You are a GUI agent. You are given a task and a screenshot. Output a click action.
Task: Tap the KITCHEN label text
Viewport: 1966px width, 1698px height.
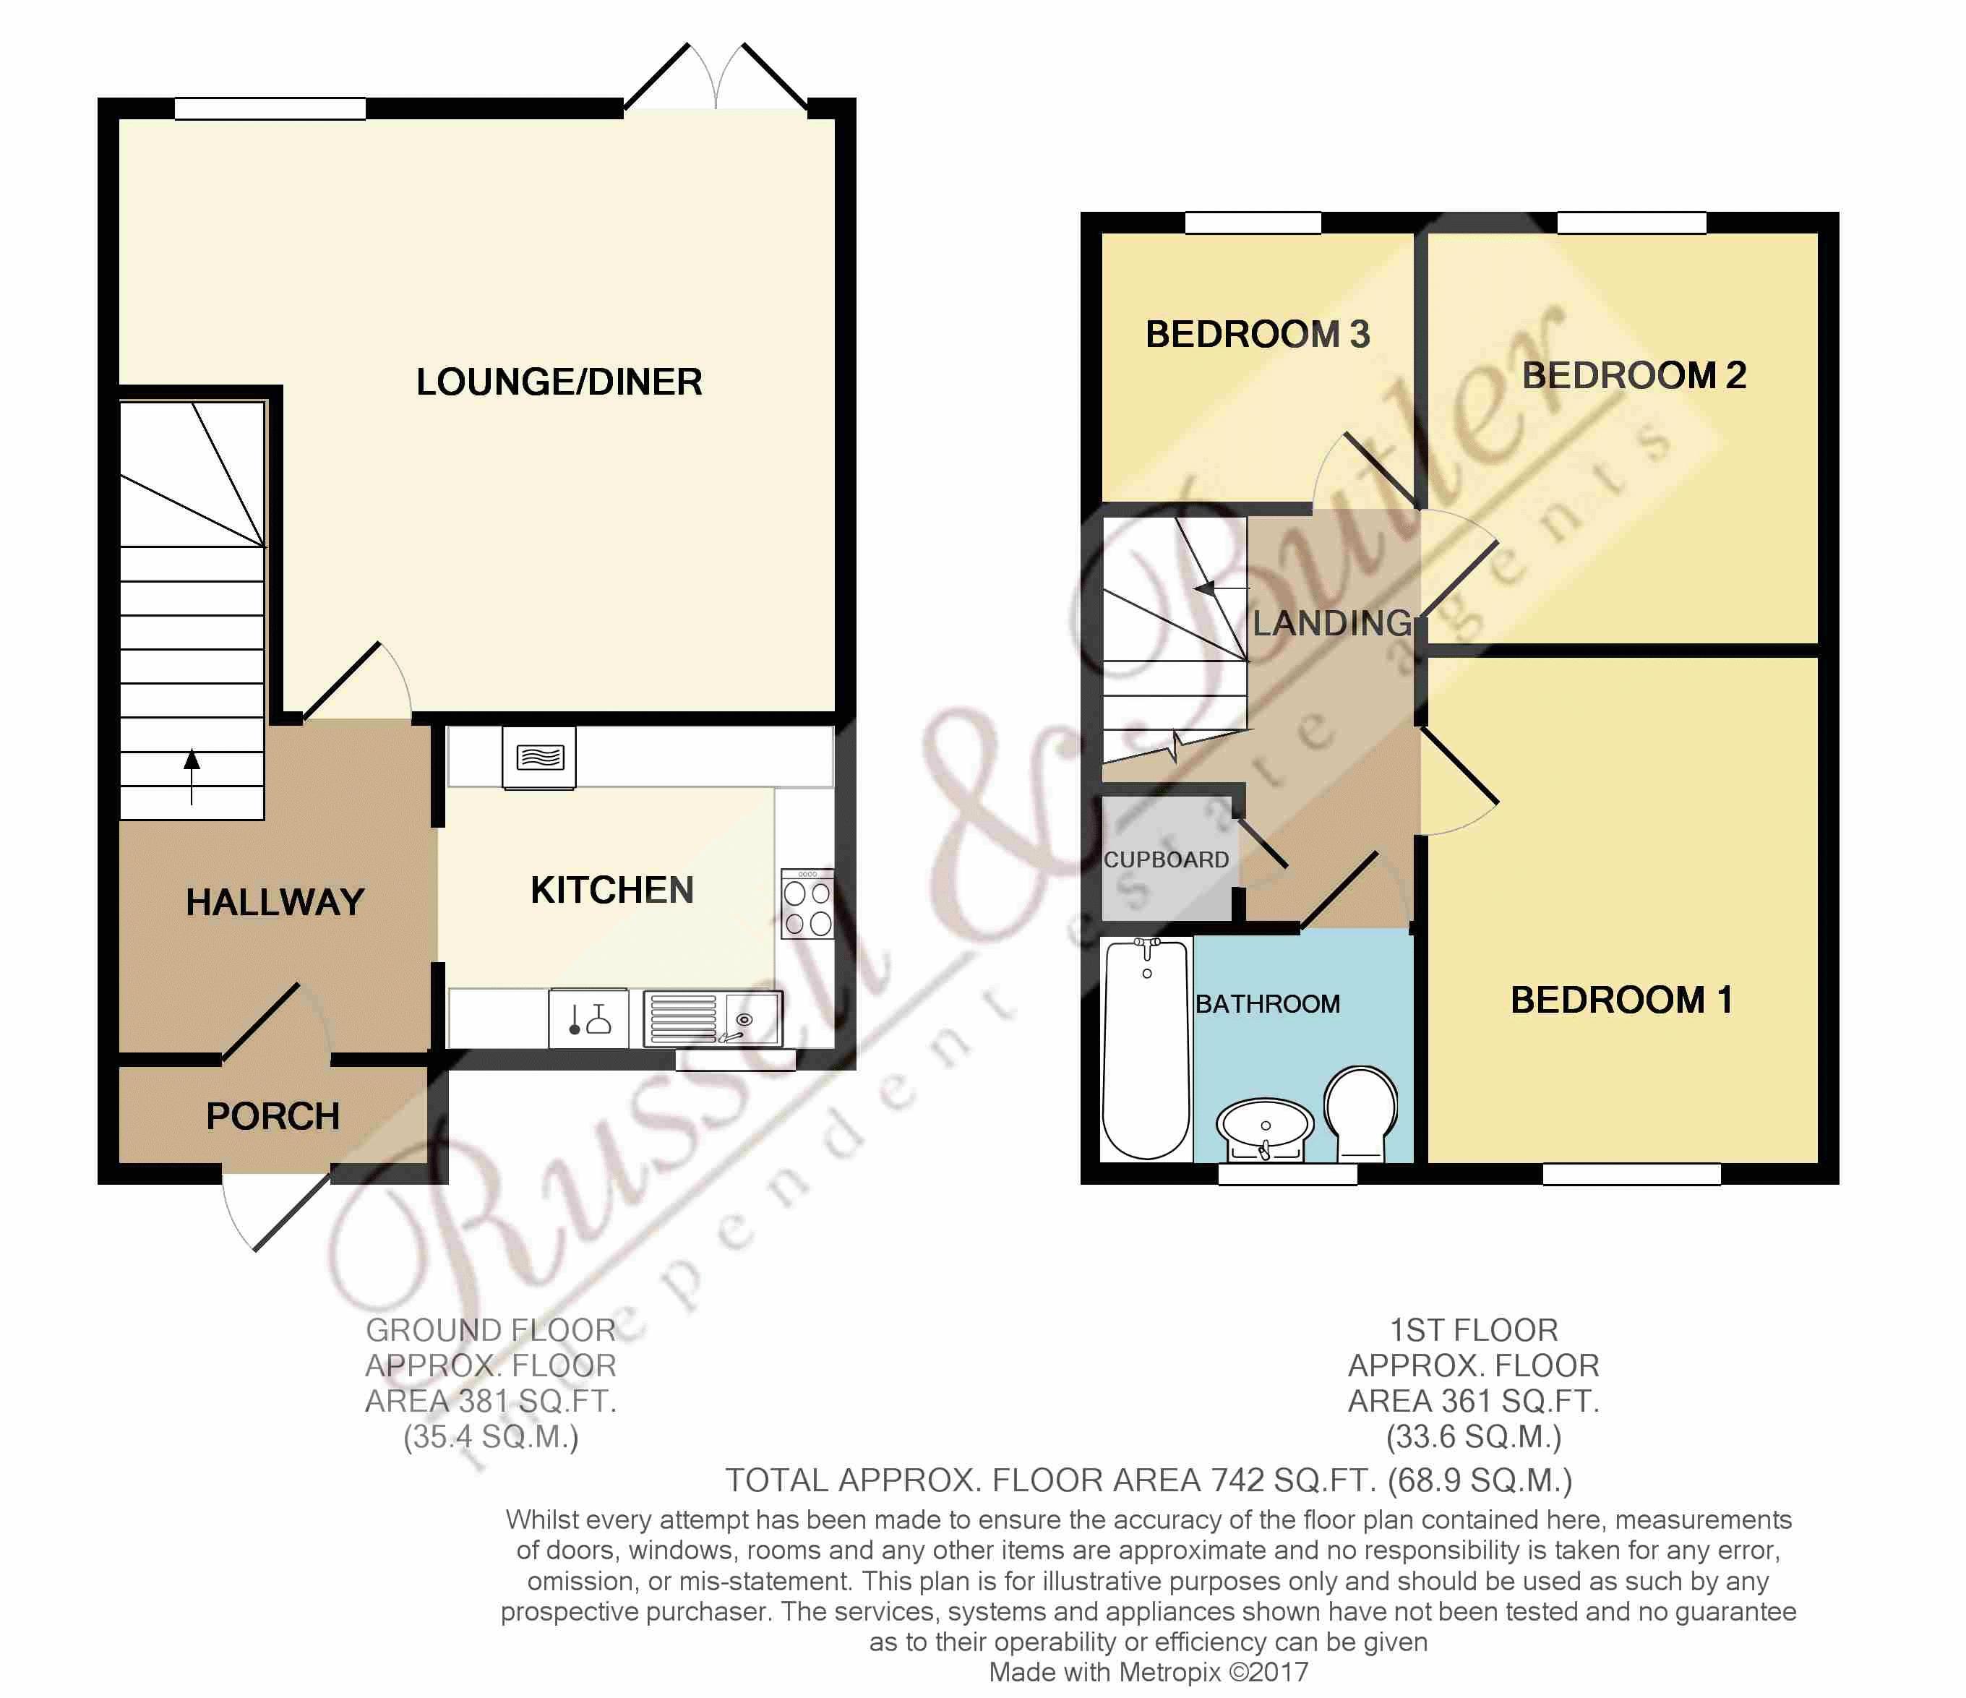(x=612, y=891)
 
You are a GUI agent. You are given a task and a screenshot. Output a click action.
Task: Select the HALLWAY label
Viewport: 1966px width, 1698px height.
(x=275, y=901)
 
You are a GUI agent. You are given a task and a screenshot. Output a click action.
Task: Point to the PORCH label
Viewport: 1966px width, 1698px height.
(x=273, y=1116)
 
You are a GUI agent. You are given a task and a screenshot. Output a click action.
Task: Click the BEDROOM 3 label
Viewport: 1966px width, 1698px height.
(x=1258, y=334)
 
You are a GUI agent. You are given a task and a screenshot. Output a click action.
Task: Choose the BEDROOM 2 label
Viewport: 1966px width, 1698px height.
(x=1634, y=375)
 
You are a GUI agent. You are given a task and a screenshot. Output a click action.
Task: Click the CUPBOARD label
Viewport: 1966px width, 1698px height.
(x=1166, y=860)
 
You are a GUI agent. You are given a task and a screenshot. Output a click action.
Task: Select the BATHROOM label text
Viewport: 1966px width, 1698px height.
(x=1268, y=1003)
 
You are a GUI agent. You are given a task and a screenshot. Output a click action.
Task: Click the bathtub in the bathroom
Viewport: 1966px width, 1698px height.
(x=1146, y=1049)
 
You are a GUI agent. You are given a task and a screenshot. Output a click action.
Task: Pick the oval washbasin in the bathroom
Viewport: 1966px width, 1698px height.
(x=1265, y=1129)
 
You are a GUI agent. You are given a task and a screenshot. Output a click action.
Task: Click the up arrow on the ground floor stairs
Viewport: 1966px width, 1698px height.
(x=192, y=776)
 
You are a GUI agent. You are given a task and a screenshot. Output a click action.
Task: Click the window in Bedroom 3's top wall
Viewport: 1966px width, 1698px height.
(x=1253, y=223)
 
